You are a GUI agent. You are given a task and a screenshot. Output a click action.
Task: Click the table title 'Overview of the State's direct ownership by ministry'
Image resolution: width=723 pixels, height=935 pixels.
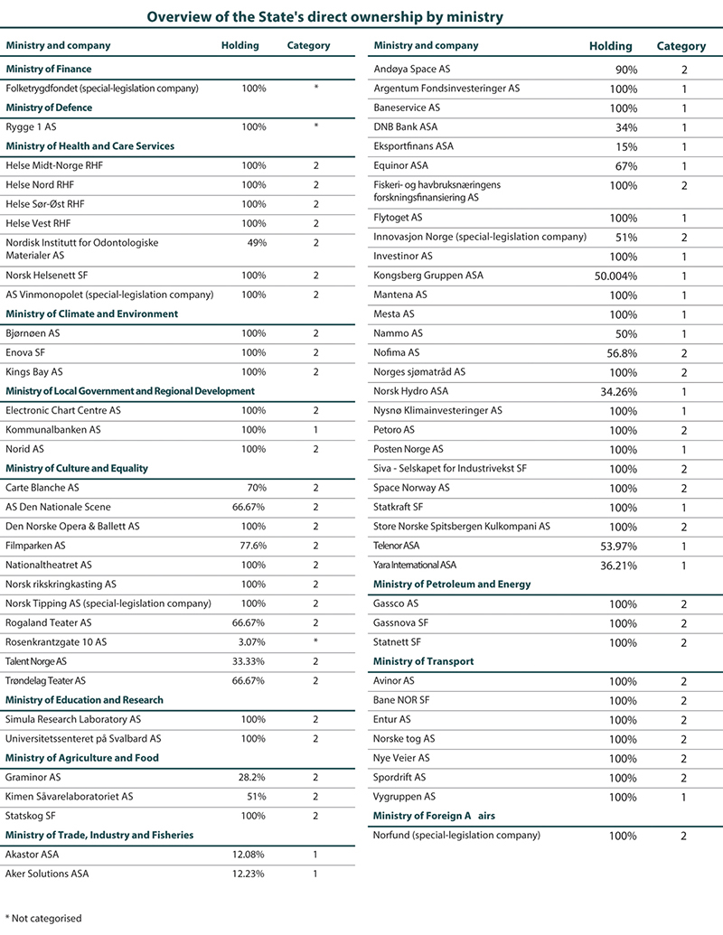(324, 16)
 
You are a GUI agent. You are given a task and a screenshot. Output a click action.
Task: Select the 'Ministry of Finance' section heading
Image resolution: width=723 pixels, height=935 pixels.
(49, 69)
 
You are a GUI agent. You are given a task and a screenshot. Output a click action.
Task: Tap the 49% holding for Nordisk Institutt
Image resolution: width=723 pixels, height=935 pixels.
(257, 243)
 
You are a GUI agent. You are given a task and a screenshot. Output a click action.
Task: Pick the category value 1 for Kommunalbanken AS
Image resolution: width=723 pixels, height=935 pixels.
(315, 430)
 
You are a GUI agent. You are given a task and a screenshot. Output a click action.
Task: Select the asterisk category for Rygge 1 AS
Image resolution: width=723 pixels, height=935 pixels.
(315, 127)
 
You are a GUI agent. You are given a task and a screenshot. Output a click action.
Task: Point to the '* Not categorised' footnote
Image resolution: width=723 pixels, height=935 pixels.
(43, 919)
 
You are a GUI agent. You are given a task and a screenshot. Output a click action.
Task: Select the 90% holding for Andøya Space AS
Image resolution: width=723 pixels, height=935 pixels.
(624, 70)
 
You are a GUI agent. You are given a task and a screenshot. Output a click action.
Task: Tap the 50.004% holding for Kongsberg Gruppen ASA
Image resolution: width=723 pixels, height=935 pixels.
(615, 276)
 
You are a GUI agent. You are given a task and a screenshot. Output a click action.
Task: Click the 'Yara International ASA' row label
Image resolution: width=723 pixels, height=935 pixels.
(421, 566)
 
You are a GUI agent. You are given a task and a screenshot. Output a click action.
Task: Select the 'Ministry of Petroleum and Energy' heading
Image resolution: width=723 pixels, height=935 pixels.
(451, 584)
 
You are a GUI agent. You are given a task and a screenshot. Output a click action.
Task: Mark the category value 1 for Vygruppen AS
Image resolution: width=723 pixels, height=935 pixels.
(684, 798)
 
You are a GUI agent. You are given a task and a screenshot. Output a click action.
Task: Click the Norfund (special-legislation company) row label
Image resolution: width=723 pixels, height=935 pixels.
(456, 836)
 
